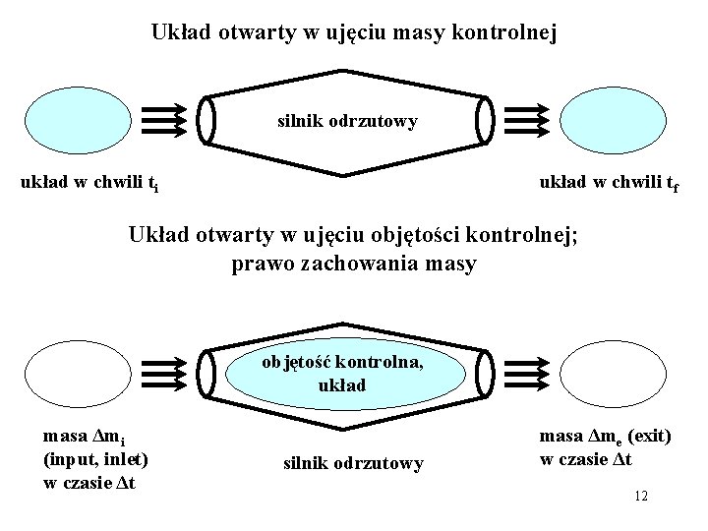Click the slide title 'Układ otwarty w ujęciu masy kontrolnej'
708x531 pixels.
[354, 32]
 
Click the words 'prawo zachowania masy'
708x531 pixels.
[354, 264]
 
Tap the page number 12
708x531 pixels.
[640, 496]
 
